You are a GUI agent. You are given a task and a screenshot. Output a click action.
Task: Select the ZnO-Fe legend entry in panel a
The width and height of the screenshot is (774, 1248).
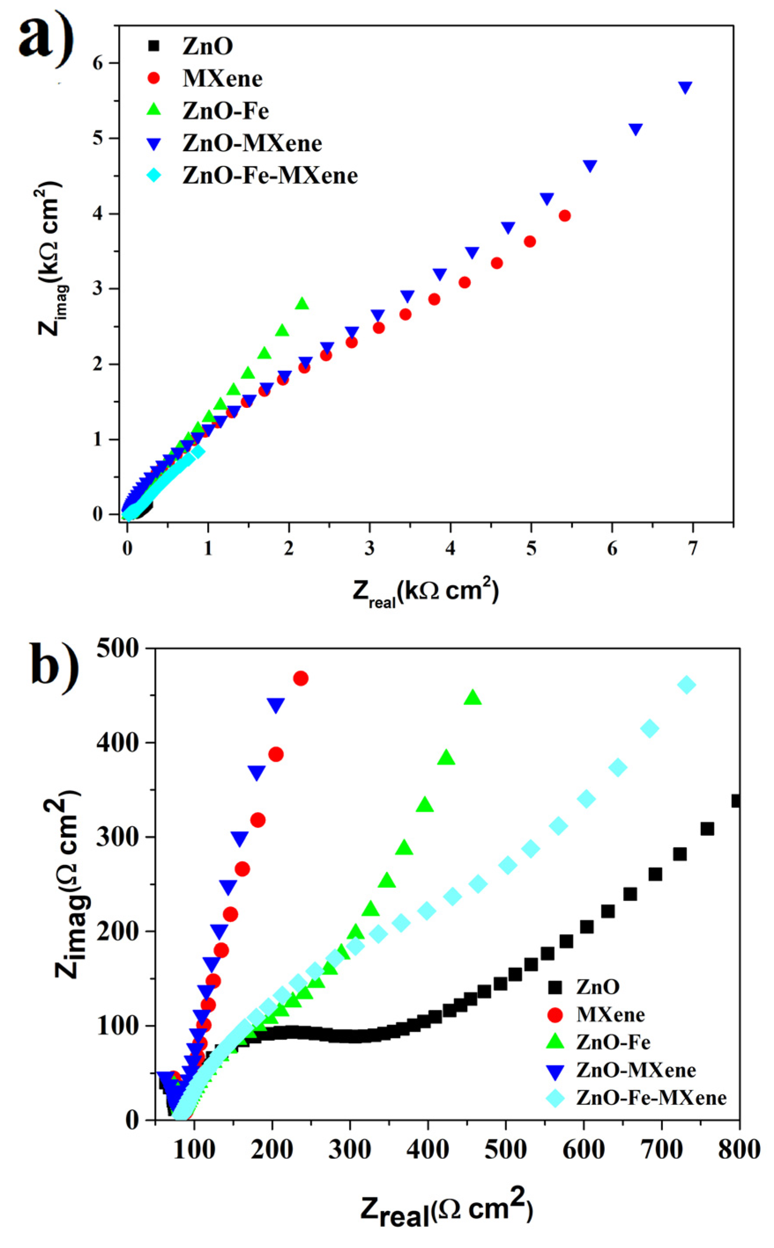(225, 111)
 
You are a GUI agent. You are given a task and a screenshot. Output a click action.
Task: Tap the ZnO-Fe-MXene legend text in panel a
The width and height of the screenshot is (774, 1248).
(270, 176)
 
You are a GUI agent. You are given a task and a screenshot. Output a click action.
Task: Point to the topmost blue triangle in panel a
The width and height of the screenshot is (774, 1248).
(685, 88)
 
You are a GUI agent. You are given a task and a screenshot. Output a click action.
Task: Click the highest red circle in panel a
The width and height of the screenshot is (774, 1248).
(565, 216)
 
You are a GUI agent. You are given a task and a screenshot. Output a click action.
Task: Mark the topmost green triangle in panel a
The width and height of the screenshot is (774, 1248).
(302, 303)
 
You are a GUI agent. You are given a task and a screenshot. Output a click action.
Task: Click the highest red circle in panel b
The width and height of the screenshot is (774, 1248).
(300, 679)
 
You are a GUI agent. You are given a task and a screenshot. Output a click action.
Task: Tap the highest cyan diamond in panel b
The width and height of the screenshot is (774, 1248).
(686, 685)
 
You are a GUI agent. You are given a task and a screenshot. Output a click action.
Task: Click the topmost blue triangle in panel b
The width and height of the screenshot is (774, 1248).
(276, 705)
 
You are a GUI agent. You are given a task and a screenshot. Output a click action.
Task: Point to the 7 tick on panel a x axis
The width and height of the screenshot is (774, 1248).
(693, 549)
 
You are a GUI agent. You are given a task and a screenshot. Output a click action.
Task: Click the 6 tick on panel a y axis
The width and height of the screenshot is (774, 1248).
(97, 63)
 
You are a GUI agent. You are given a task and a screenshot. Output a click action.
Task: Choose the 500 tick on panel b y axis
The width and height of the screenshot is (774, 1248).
(117, 649)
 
